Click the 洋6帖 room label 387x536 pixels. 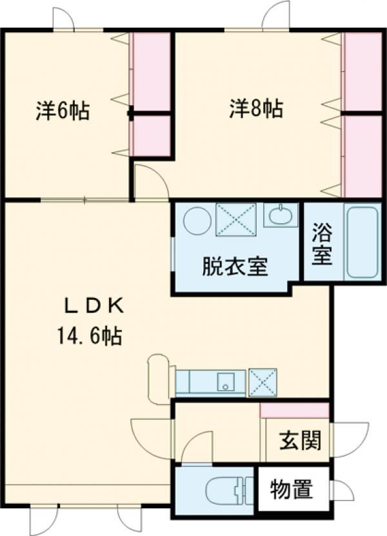pyautogui.click(x=63, y=110)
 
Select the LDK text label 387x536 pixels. pyautogui.click(x=94, y=307)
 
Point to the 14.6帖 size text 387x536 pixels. pyautogui.click(x=90, y=335)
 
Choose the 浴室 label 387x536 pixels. pyautogui.click(x=322, y=243)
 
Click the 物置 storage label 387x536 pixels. pyautogui.click(x=292, y=490)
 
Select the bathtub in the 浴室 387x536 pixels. pyautogui.click(x=362, y=242)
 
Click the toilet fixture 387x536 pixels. pyautogui.click(x=226, y=490)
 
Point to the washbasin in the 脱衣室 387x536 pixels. pyautogui.click(x=281, y=215)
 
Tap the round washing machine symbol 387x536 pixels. pyautogui.click(x=197, y=221)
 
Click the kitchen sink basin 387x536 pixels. pyautogui.click(x=225, y=382)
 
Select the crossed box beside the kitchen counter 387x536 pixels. pyautogui.click(x=263, y=382)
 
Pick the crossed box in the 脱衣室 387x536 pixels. pyautogui.click(x=236, y=219)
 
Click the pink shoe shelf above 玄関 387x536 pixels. pyautogui.click(x=294, y=410)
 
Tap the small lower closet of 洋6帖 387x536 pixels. pyautogui.click(x=152, y=135)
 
